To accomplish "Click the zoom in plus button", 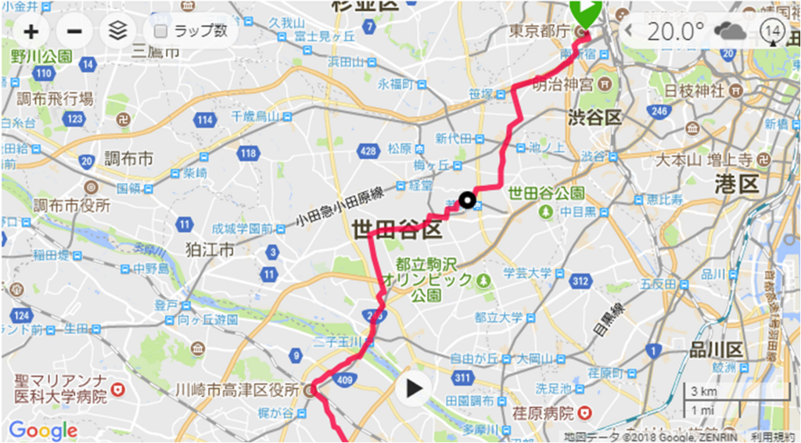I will point(31,31).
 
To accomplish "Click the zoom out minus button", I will point(74,31).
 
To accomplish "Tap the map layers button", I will point(117,31).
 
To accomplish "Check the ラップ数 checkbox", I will point(161,31).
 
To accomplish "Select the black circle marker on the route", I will point(468,200).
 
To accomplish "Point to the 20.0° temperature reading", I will point(676,31).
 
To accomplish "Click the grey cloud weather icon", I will point(729,31).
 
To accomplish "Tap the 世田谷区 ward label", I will point(397,229).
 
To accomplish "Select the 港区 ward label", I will point(737,185).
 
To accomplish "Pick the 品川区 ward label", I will point(715,349).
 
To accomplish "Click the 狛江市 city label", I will point(210,251).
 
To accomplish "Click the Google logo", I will point(43,430).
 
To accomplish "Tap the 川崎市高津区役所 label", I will point(238,390).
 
